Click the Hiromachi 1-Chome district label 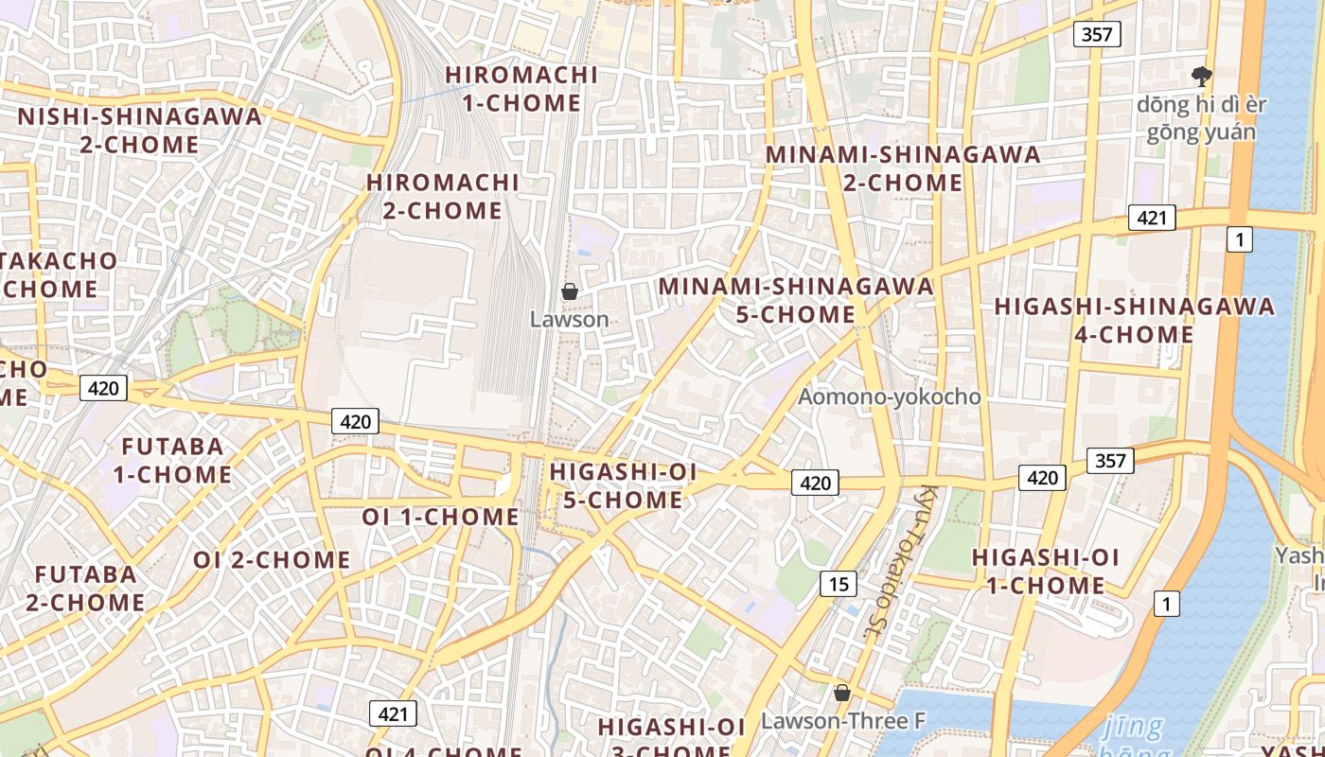click(521, 89)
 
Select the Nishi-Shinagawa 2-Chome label click(139, 131)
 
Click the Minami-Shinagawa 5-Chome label click(796, 299)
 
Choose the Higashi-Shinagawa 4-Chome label click(1134, 320)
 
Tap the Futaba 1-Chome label click(172, 460)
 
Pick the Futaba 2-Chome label click(85, 588)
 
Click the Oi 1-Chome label click(440, 518)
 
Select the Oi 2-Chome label click(272, 559)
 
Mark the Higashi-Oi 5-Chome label click(623, 485)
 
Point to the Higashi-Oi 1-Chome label click(1046, 571)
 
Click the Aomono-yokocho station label click(889, 396)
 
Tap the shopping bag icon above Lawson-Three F click(841, 694)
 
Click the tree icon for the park click(1201, 76)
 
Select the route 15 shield click(839, 584)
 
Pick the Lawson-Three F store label click(842, 721)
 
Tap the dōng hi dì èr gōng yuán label click(1201, 117)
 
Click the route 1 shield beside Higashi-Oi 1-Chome click(1167, 603)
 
